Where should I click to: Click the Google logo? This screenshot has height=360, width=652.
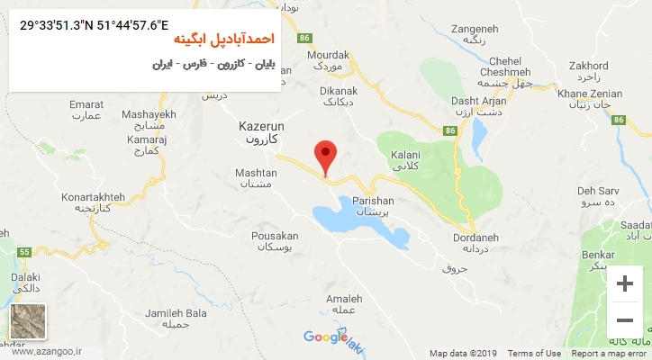tap(325, 337)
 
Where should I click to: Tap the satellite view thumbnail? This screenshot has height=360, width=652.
tap(26, 322)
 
